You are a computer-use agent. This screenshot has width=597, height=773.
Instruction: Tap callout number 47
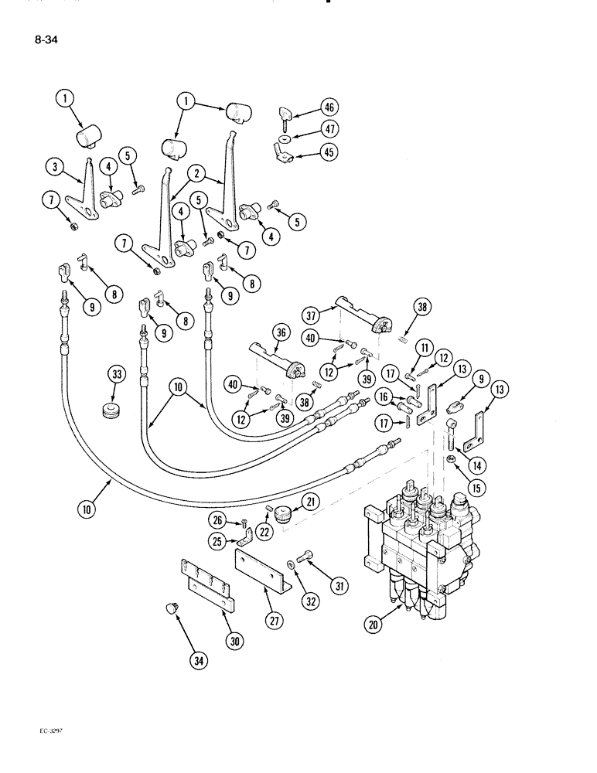coord(331,130)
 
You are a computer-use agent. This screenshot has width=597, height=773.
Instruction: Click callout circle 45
coord(331,153)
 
